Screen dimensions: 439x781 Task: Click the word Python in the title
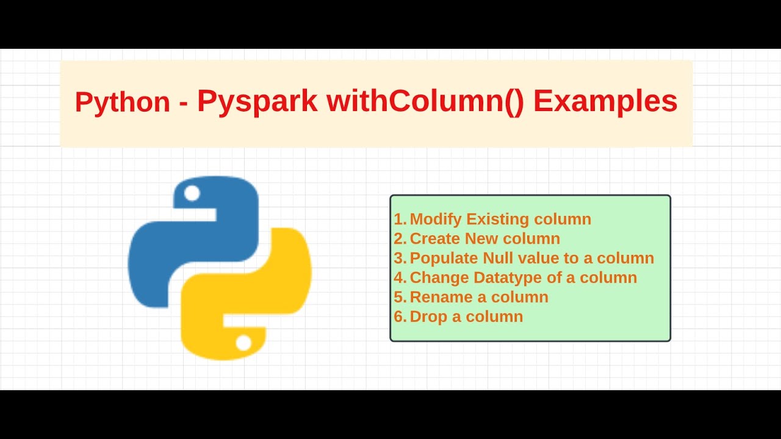point(122,102)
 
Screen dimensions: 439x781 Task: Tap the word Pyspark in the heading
point(257,102)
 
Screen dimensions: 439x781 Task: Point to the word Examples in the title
point(605,102)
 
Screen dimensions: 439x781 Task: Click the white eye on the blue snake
point(192,194)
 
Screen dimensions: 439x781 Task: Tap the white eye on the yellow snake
point(243,343)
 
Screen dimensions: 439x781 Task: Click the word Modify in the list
point(435,220)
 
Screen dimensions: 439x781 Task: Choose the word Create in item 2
point(434,239)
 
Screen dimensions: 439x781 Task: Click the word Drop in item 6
point(427,317)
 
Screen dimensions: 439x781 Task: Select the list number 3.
point(399,259)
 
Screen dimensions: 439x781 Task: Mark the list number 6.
point(399,317)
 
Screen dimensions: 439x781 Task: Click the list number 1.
point(399,220)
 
